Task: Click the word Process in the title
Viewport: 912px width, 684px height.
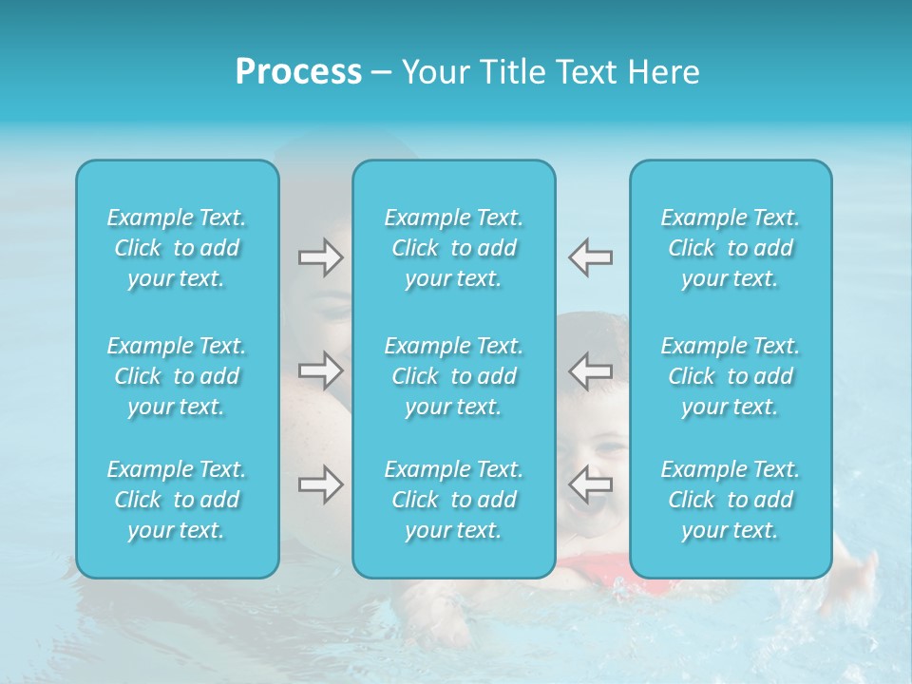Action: pyautogui.click(x=298, y=72)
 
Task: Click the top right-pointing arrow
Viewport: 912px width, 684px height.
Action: pyautogui.click(x=320, y=257)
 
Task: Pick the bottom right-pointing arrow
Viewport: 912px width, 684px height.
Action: pyautogui.click(x=320, y=484)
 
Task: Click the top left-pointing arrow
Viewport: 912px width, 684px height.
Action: pyautogui.click(x=591, y=257)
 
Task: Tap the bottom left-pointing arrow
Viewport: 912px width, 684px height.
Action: pyautogui.click(x=591, y=484)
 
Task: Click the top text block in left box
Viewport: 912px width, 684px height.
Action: pyautogui.click(x=177, y=248)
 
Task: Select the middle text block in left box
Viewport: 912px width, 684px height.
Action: pyautogui.click(x=177, y=376)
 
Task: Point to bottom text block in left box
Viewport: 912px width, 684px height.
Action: pyautogui.click(x=177, y=500)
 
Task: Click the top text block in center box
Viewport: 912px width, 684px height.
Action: pyautogui.click(x=453, y=248)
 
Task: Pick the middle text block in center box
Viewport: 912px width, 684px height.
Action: pyautogui.click(x=453, y=376)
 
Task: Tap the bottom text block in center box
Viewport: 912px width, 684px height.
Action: pyautogui.click(x=453, y=500)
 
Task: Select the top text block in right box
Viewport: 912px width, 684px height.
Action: pyautogui.click(x=730, y=248)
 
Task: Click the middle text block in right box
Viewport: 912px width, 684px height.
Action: pyautogui.click(x=730, y=376)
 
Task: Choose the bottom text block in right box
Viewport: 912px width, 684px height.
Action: pyautogui.click(x=730, y=500)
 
